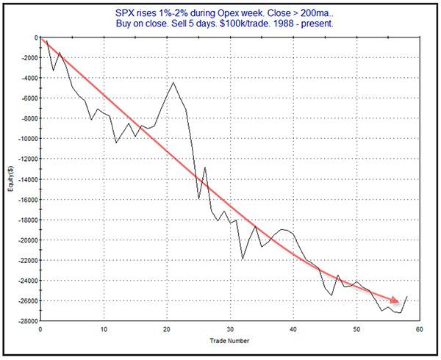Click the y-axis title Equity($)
click(x=10, y=179)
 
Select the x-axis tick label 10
click(x=104, y=329)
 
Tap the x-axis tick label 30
click(x=230, y=329)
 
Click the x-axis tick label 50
click(x=356, y=329)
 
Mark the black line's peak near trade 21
click(x=173, y=82)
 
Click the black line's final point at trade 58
click(x=406, y=297)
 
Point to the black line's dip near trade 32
click(x=243, y=259)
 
